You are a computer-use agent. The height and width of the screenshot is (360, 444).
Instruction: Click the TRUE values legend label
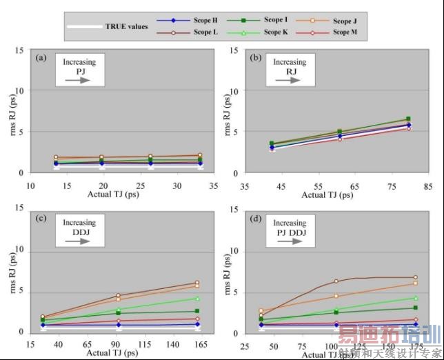pyautogui.click(x=126, y=27)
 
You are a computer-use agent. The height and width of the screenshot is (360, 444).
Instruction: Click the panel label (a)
pyautogui.click(x=40, y=58)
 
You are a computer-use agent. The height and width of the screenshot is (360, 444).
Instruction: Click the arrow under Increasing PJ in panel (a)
pyautogui.click(x=81, y=80)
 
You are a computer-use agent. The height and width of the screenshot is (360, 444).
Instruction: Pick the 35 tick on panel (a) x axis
pyautogui.click(x=214, y=186)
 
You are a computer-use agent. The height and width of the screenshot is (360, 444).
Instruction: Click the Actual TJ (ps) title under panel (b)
pyautogui.click(x=327, y=195)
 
